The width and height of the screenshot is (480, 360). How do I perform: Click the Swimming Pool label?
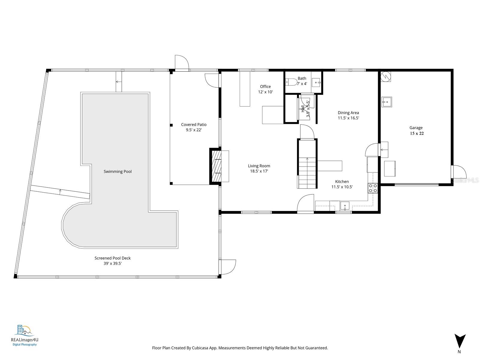[118, 172]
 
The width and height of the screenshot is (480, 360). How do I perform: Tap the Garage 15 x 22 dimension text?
[417, 133]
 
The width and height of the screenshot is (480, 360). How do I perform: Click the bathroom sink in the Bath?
[316, 82]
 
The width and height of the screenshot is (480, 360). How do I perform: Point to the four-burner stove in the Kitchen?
[373, 188]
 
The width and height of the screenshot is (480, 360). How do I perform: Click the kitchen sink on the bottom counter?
[345, 206]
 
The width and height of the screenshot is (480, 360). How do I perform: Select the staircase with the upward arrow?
[307, 172]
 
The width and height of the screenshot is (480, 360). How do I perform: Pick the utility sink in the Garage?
[387, 102]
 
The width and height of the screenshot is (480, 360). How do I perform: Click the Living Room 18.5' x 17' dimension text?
[259, 171]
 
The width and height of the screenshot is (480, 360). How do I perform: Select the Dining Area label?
[348, 113]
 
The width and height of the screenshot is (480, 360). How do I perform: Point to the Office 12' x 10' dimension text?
[265, 92]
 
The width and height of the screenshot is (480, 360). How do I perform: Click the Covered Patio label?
[193, 124]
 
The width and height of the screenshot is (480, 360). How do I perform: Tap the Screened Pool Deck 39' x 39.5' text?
[112, 264]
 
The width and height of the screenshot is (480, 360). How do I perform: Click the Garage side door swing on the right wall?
[459, 172]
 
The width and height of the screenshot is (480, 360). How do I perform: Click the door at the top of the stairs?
[307, 133]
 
